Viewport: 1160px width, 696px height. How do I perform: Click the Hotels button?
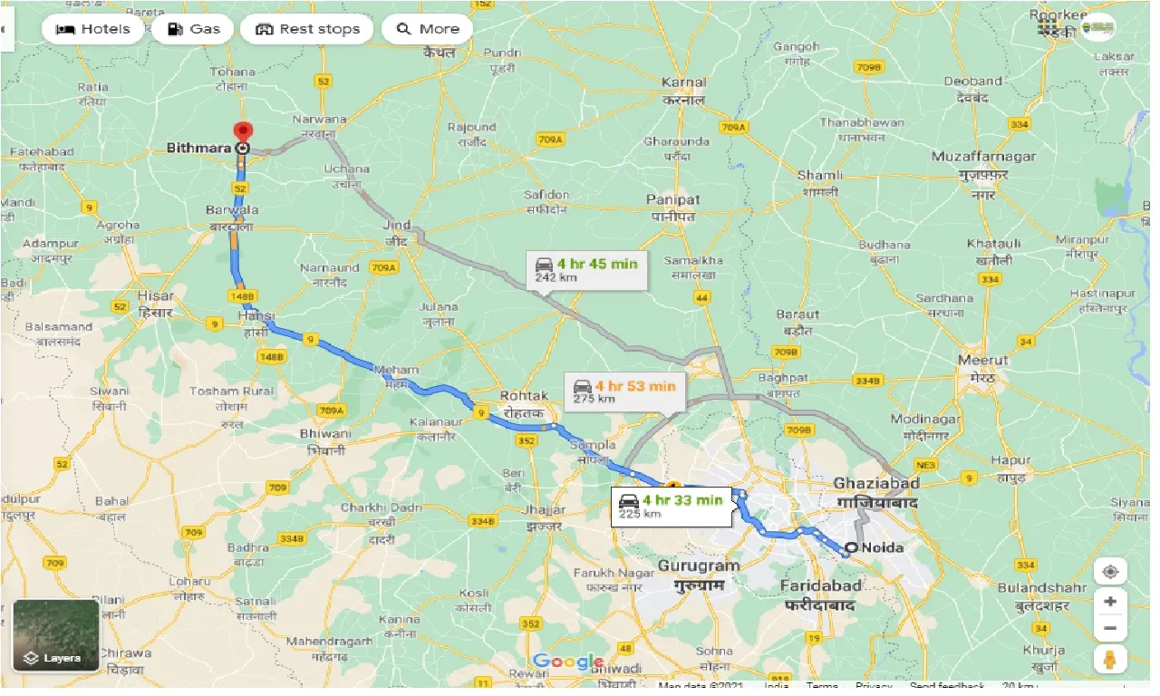pyautogui.click(x=92, y=29)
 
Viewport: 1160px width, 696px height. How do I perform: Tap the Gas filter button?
pyautogui.click(x=194, y=29)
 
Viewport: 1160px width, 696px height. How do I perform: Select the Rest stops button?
pyautogui.click(x=307, y=29)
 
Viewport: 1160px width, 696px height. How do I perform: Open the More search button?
pyautogui.click(x=428, y=29)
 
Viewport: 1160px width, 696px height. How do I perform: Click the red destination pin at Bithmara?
pyautogui.click(x=242, y=132)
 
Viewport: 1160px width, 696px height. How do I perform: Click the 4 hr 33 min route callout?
pyautogui.click(x=672, y=506)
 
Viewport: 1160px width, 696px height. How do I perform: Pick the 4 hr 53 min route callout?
pyautogui.click(x=624, y=391)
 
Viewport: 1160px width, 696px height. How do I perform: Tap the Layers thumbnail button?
pyautogui.click(x=56, y=634)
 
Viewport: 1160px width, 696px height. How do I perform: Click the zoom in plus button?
pyautogui.click(x=1110, y=602)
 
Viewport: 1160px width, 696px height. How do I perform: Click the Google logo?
pyautogui.click(x=568, y=662)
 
